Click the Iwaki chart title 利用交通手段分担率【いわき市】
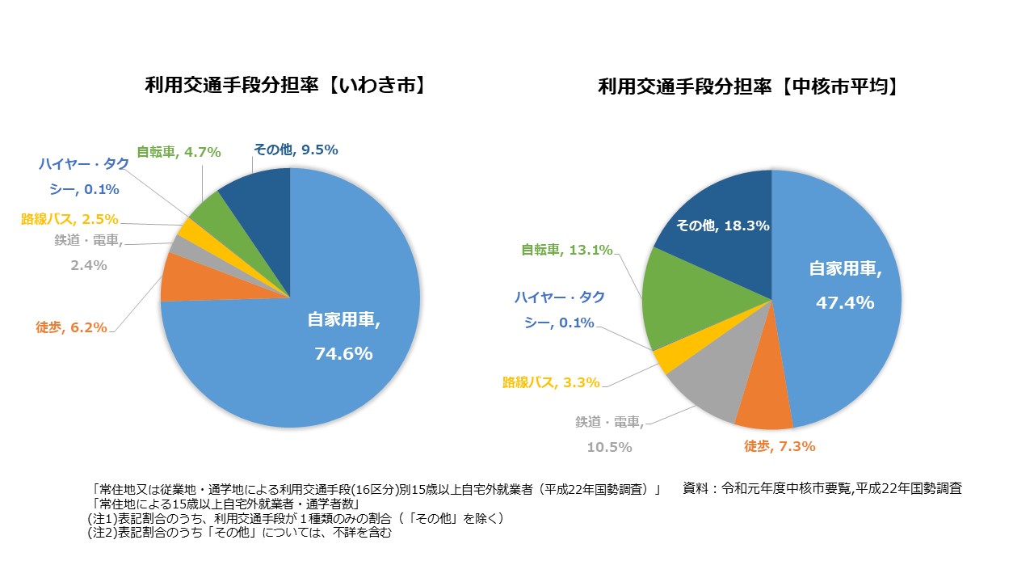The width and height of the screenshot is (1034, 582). pos(285,86)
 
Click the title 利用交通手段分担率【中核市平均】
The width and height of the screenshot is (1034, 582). pos(748,87)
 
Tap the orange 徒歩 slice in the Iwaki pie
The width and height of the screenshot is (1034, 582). pos(176,277)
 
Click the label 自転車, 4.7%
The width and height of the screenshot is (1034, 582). pos(179,151)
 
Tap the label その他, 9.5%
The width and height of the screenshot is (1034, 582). pos(296,150)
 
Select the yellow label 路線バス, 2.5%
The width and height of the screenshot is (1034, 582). pos(70,219)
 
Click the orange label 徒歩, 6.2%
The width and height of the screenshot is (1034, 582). pos(71,327)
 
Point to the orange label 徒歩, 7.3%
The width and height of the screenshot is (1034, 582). pos(779,446)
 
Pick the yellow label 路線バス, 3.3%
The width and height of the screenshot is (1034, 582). pos(551,382)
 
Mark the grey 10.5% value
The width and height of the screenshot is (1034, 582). pos(610,447)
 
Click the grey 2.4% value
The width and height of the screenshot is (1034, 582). pos(89,265)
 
